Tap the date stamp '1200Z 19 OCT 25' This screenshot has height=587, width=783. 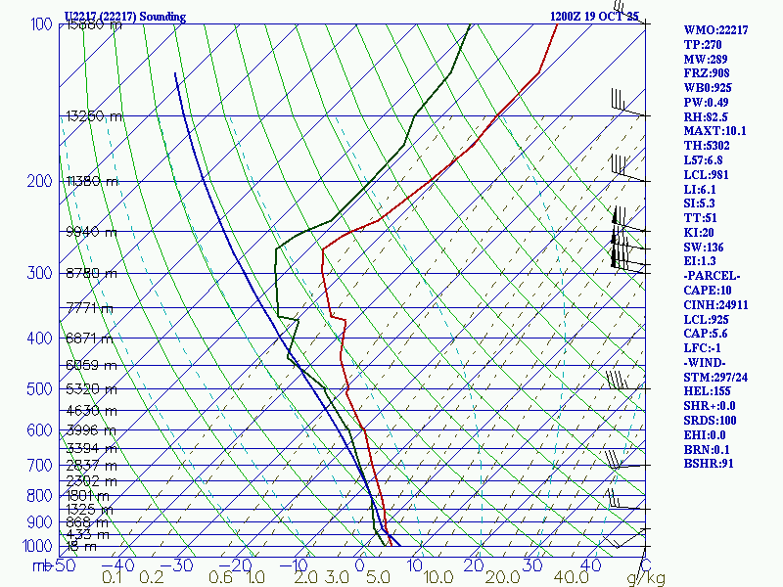594,17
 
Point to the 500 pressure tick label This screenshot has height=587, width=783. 40,389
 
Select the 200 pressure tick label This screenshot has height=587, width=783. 40,181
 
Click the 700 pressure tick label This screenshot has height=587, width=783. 40,466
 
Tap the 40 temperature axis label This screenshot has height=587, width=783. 591,565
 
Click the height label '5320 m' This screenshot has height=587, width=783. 91,389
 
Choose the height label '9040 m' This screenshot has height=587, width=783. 91,232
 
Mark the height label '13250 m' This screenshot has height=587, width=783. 94,116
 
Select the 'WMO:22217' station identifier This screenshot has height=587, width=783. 715,30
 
